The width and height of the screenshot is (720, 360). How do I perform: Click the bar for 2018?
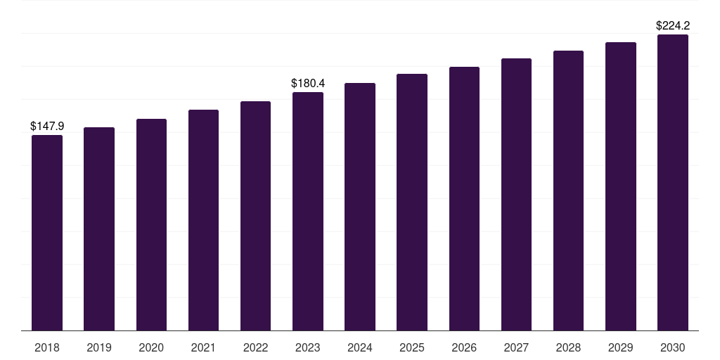pos(47,233)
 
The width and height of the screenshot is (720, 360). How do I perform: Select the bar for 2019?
pos(99,229)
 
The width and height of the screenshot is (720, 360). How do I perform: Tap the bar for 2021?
pos(203,220)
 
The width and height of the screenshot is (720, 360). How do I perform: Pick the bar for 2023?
pos(308,211)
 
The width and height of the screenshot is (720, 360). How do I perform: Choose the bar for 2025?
pos(412,202)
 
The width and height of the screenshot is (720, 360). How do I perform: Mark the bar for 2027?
pos(516,194)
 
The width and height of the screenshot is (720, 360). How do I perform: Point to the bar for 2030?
pos(673,182)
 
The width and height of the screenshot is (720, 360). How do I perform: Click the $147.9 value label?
pos(47,126)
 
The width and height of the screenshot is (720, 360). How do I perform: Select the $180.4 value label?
pos(308,84)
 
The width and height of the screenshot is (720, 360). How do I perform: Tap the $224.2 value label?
pos(673,26)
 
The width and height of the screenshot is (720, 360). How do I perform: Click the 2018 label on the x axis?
pos(47,347)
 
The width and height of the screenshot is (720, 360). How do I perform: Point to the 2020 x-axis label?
pos(151,347)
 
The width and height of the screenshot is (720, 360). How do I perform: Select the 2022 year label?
pos(255,347)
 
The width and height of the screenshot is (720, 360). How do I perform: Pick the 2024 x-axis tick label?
pos(360,347)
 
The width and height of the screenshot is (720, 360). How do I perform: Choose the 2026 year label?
pos(464,347)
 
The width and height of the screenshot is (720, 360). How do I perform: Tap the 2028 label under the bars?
pos(568,347)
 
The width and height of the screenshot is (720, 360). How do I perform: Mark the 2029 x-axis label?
pos(621,347)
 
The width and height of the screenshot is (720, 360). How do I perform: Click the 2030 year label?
pos(673,347)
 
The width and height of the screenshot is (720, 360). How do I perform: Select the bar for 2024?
pos(360,207)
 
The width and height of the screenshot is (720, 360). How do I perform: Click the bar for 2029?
pos(621,186)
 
